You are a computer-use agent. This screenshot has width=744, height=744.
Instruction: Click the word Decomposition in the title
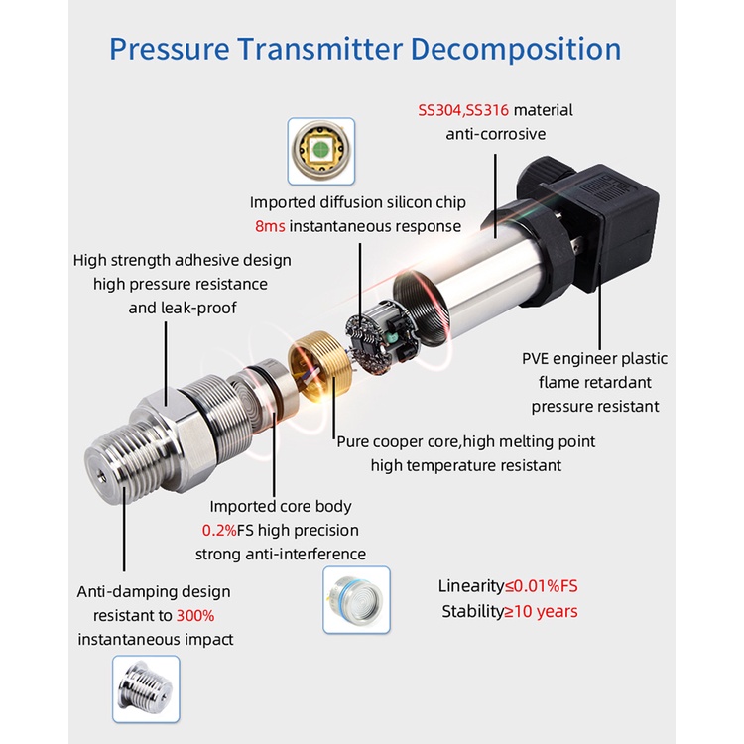[x=516, y=50]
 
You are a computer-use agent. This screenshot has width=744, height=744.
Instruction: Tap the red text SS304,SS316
[x=463, y=110]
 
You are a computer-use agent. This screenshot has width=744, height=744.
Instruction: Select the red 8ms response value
[x=270, y=226]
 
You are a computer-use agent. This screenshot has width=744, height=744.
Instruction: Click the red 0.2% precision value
[x=219, y=530]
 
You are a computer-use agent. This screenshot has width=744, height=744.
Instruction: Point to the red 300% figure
[x=195, y=616]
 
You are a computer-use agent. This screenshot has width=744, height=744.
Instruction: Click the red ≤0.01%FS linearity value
[x=542, y=586]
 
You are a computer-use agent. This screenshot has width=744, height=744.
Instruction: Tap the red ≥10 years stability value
[x=541, y=612]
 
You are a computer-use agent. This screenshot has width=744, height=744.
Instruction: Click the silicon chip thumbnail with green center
[x=321, y=152]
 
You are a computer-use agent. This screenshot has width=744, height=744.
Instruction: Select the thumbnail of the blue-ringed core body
[x=356, y=600]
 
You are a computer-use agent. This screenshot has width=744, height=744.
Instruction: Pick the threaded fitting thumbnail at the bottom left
[x=146, y=689]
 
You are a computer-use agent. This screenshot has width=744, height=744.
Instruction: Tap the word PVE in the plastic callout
[x=535, y=359]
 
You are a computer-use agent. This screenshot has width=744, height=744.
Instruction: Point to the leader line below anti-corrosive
[x=496, y=195]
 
